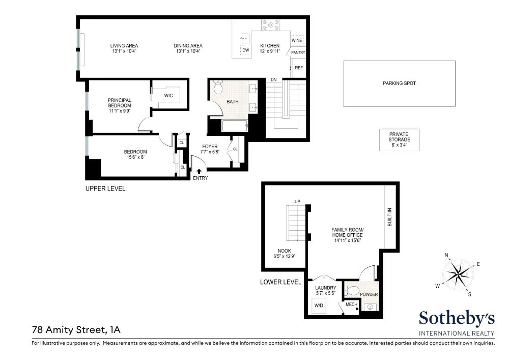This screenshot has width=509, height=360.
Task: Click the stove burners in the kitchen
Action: [x=270, y=25]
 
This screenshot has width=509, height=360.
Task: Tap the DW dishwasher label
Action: [x=246, y=50]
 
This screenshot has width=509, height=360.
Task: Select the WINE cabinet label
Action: [x=297, y=40]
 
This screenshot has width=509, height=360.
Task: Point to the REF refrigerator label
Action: [x=299, y=68]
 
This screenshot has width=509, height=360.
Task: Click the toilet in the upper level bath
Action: [x=218, y=87]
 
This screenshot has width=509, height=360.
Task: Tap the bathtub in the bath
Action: [x=235, y=126]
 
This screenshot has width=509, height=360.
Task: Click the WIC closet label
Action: [x=168, y=95]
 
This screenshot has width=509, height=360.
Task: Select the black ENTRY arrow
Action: [x=199, y=172]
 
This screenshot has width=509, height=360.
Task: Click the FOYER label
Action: [x=210, y=147]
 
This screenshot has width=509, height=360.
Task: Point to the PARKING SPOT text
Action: [x=399, y=84]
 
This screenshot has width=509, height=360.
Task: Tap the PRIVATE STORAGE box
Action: [x=399, y=140]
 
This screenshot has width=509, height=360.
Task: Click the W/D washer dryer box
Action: [x=319, y=306]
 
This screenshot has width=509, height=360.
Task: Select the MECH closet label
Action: [x=351, y=304]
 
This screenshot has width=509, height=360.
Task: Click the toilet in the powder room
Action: [x=352, y=290]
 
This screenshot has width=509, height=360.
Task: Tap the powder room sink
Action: [x=371, y=307]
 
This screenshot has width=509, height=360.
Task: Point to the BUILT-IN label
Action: [x=389, y=217]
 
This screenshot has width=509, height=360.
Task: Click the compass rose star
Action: [x=458, y=273]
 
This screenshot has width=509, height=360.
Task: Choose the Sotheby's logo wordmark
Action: [x=457, y=318]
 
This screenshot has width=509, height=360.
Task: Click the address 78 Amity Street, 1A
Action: [x=76, y=330]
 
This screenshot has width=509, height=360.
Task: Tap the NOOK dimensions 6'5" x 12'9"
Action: [x=285, y=256]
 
